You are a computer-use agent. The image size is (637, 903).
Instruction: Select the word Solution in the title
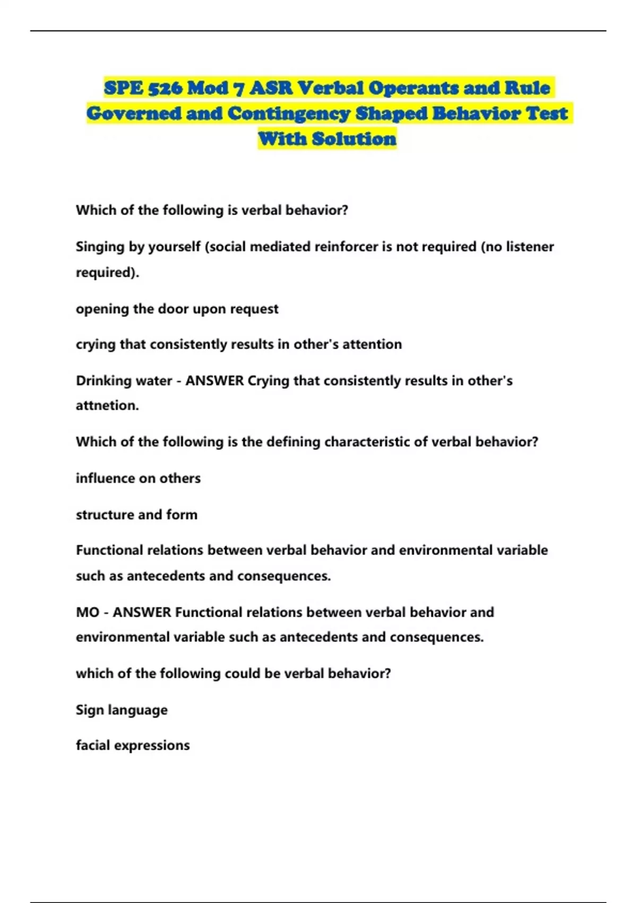(x=354, y=139)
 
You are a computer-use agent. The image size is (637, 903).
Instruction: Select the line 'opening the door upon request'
(x=177, y=309)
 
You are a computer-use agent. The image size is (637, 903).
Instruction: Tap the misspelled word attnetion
(x=107, y=406)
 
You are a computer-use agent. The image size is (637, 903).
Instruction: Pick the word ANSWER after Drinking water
(x=214, y=381)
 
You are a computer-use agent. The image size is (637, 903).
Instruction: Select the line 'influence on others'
(x=138, y=479)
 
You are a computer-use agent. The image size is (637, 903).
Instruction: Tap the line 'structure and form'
(x=136, y=515)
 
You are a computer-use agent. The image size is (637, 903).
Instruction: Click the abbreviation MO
(x=88, y=612)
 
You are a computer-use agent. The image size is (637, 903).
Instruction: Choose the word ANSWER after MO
(x=142, y=612)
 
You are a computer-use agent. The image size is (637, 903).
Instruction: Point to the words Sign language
(x=122, y=710)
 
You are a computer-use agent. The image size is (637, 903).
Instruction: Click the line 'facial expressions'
(x=133, y=746)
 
